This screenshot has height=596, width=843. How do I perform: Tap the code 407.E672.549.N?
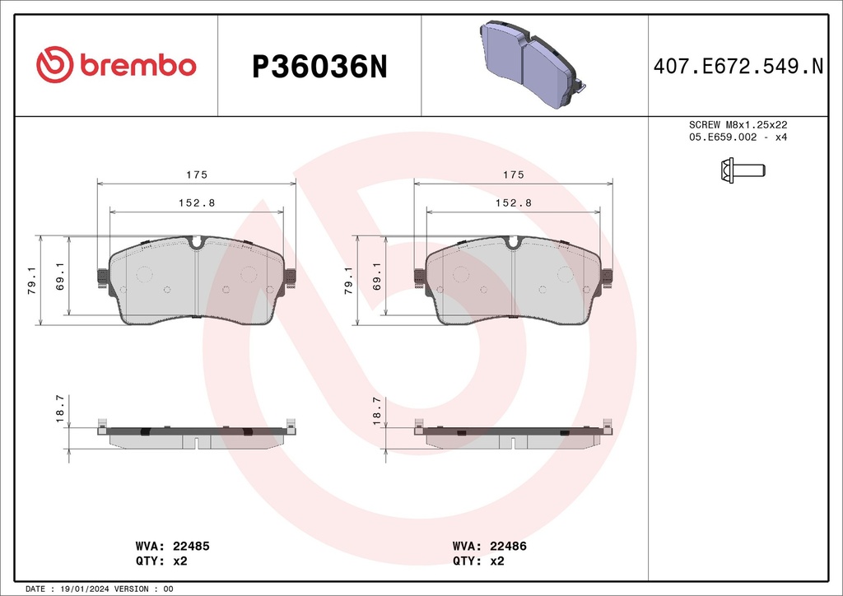point(738,67)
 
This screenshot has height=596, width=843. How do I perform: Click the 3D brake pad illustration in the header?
point(531,64)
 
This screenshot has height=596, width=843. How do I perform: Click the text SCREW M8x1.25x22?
point(738,124)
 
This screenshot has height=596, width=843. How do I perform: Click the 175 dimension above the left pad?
point(196,175)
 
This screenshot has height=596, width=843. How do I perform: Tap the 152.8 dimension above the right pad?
point(514,203)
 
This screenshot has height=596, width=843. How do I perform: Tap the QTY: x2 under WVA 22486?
point(478,561)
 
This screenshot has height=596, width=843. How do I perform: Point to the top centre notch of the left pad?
point(196,243)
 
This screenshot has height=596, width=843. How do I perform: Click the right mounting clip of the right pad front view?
point(607,279)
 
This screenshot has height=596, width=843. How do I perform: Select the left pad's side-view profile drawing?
point(196,435)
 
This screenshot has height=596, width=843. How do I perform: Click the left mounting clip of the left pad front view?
point(103,279)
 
